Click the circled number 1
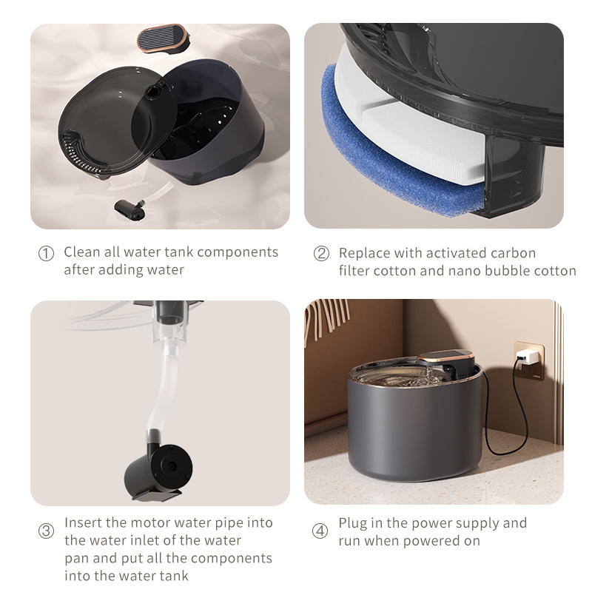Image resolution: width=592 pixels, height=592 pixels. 46,253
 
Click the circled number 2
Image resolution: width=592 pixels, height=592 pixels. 321,253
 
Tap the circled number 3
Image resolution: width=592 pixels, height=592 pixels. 46,531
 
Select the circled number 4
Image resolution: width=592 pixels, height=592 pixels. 320,531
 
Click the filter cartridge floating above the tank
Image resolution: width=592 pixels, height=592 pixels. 161,38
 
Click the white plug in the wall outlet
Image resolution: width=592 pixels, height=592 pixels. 527,358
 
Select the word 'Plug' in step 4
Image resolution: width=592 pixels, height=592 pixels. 352,523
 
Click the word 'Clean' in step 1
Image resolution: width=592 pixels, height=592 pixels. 81,252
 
